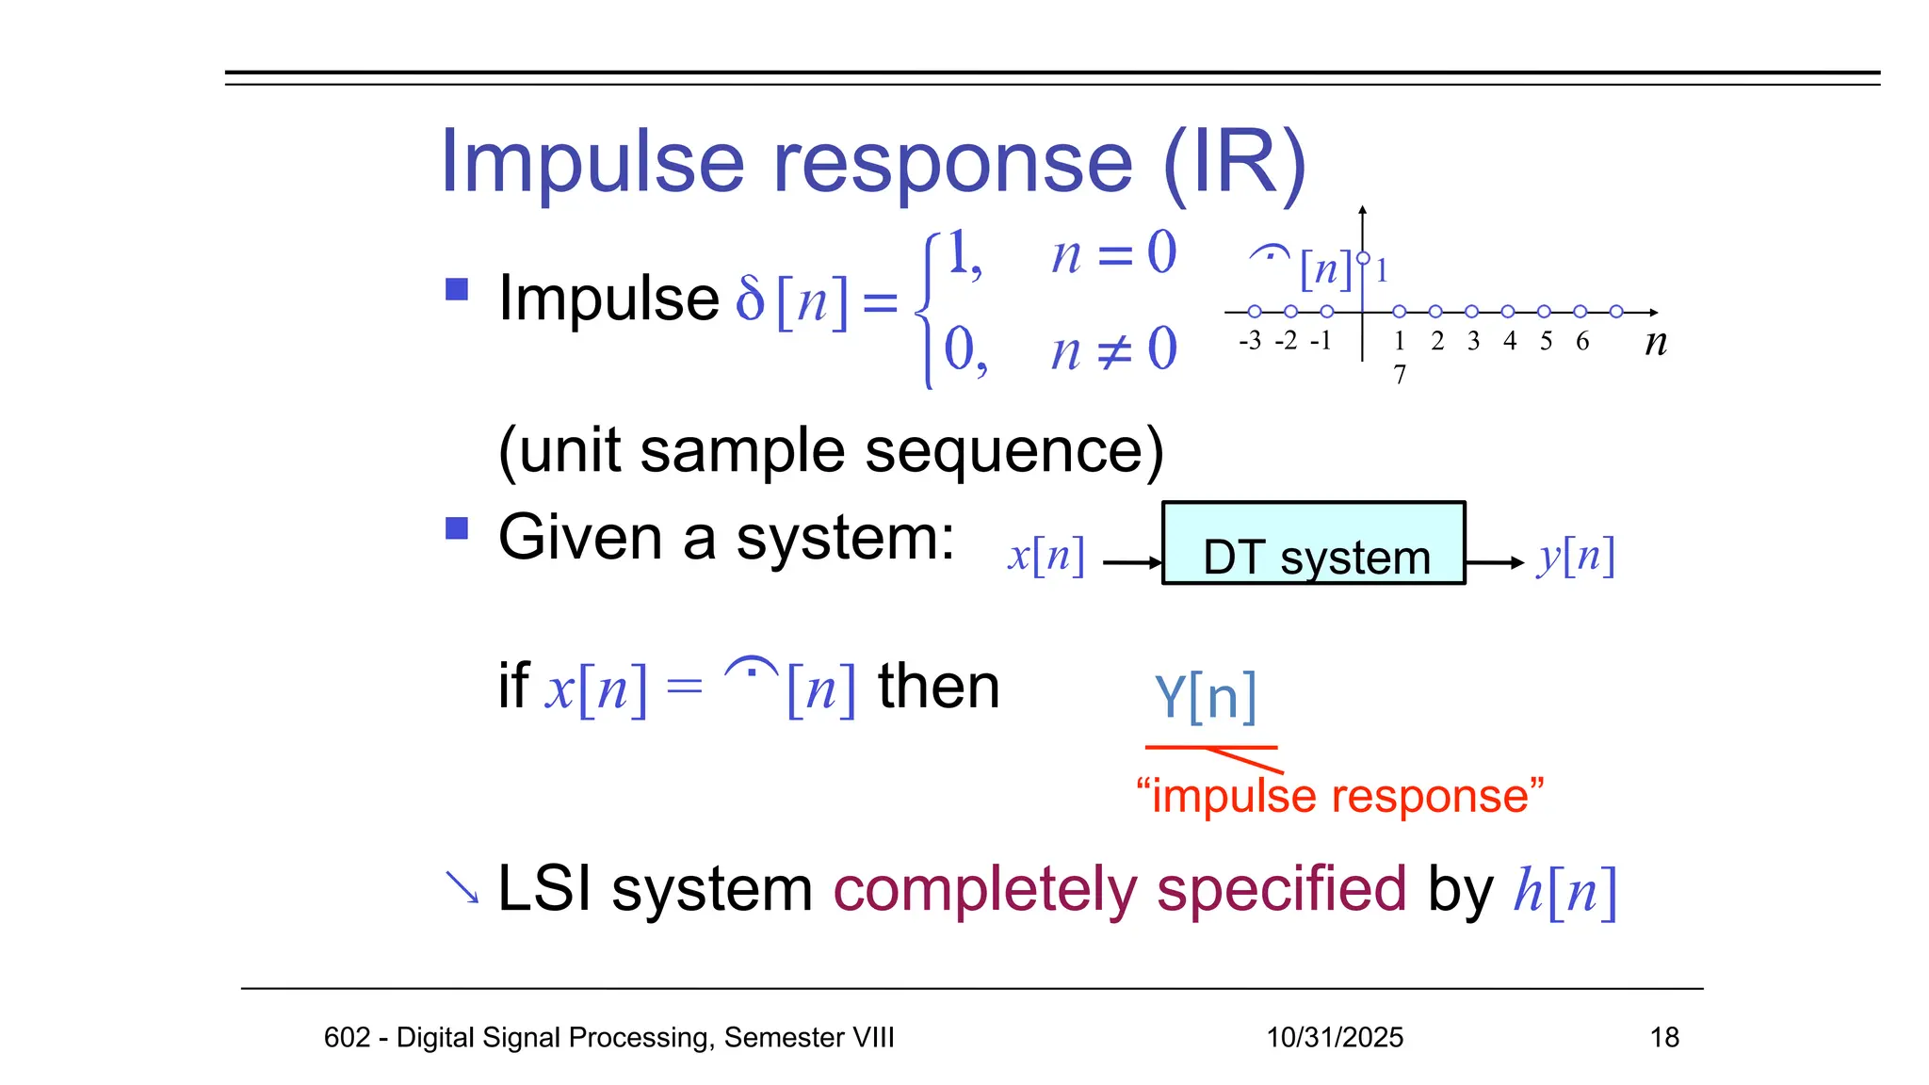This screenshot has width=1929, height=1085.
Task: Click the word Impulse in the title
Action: point(592,163)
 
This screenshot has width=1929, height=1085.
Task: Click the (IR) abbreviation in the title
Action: point(1235,163)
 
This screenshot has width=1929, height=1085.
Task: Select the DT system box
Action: point(1314,543)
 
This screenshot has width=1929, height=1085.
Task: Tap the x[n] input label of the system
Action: point(1046,556)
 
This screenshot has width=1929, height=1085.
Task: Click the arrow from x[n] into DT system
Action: point(1132,563)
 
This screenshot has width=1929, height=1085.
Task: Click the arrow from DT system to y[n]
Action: point(1495,563)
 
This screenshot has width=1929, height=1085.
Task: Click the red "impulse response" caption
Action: point(1339,796)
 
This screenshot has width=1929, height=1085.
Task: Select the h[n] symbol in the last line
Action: point(1564,890)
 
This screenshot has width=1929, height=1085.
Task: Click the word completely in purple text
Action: point(985,888)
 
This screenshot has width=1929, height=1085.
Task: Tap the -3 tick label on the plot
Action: point(1250,341)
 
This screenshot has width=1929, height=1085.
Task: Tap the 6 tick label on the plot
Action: point(1582,341)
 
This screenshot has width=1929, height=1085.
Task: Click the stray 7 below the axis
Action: point(1400,375)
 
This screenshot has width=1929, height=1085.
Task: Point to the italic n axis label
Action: point(1656,342)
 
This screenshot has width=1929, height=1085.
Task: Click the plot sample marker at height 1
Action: point(1363,258)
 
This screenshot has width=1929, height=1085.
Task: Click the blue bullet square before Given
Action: point(457,528)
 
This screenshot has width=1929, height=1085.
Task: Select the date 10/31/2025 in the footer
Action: point(1334,1037)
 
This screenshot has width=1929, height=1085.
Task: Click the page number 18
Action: point(1664,1037)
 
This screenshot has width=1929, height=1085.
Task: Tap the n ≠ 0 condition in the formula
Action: point(1113,350)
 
